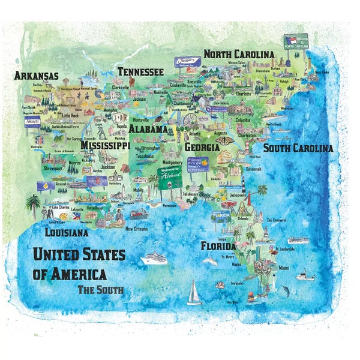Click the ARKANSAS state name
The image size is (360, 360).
coord(37,76)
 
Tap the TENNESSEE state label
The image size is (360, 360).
coord(140,72)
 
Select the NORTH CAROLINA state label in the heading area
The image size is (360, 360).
coord(239,55)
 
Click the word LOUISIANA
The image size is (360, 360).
coord(67,232)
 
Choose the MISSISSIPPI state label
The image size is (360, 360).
coord(106,145)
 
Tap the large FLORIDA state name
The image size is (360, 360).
coord(218,246)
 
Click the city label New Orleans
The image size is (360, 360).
coord(137,229)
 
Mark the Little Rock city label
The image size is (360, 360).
coord(70,115)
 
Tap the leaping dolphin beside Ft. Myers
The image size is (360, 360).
coord(209,261)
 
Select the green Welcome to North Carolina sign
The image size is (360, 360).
coord(295,42)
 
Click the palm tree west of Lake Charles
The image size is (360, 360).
coord(33,206)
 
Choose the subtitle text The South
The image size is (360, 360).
coord(100,290)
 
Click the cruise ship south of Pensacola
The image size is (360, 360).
coord(154,258)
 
